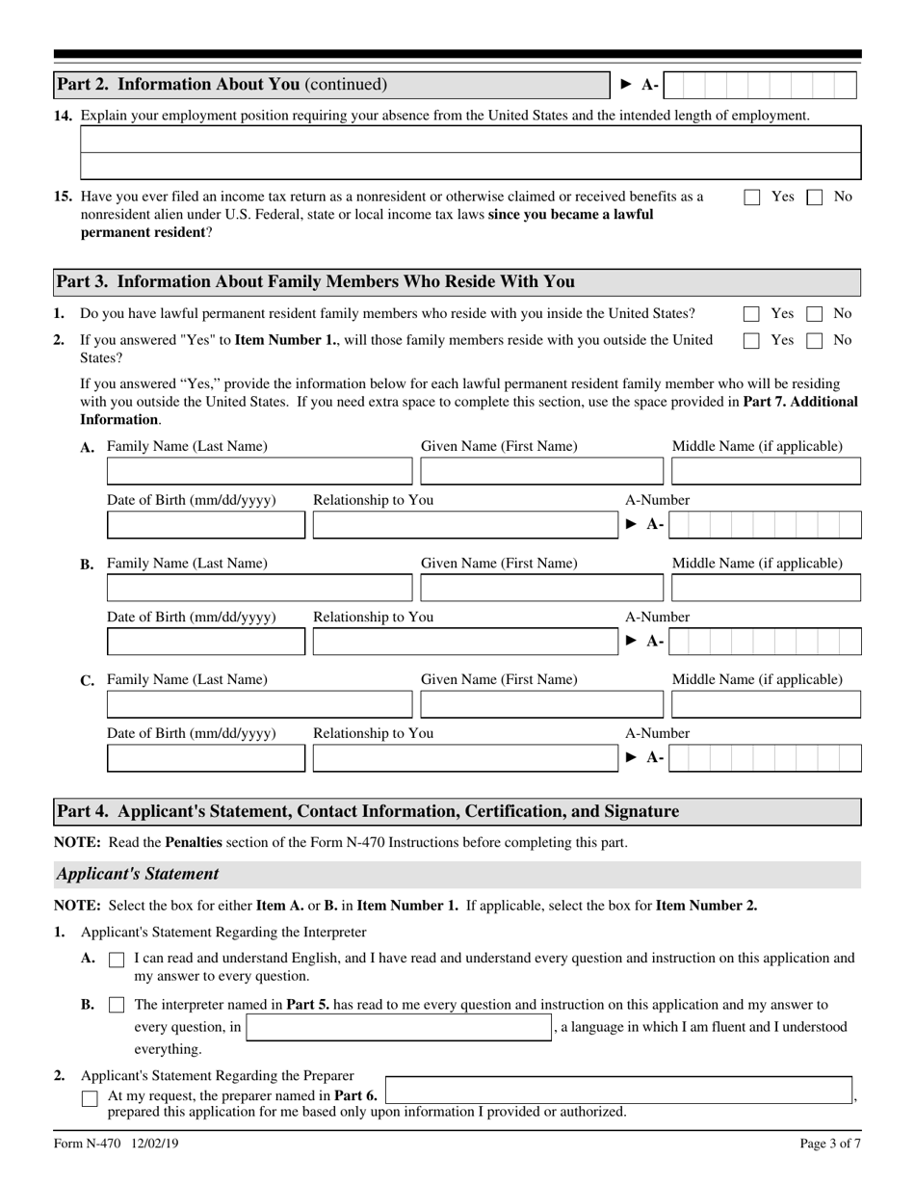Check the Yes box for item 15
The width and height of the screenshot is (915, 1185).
[x=752, y=197]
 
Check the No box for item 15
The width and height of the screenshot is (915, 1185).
[x=814, y=197]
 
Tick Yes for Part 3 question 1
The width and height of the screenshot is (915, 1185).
[x=752, y=314]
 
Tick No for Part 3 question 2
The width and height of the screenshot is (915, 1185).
[x=814, y=340]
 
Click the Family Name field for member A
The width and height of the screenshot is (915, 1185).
[x=258, y=471]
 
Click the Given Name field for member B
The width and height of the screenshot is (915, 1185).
[x=541, y=588]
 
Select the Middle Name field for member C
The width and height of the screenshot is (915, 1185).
[x=765, y=704]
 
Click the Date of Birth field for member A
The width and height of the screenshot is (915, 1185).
[x=205, y=525]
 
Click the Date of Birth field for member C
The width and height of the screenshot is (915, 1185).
[x=205, y=758]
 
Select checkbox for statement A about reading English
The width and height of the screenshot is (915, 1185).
[x=117, y=960]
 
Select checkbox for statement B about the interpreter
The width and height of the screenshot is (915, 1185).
[x=117, y=1005]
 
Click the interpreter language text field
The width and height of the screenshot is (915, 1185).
[x=399, y=1027]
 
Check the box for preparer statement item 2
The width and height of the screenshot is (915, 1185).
[x=90, y=1098]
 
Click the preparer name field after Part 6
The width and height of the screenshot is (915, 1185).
[x=618, y=1092]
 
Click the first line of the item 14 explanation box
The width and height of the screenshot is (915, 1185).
[x=470, y=141]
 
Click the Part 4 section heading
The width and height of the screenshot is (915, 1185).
[x=367, y=812]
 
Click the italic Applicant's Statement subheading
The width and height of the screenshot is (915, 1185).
[x=138, y=875]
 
